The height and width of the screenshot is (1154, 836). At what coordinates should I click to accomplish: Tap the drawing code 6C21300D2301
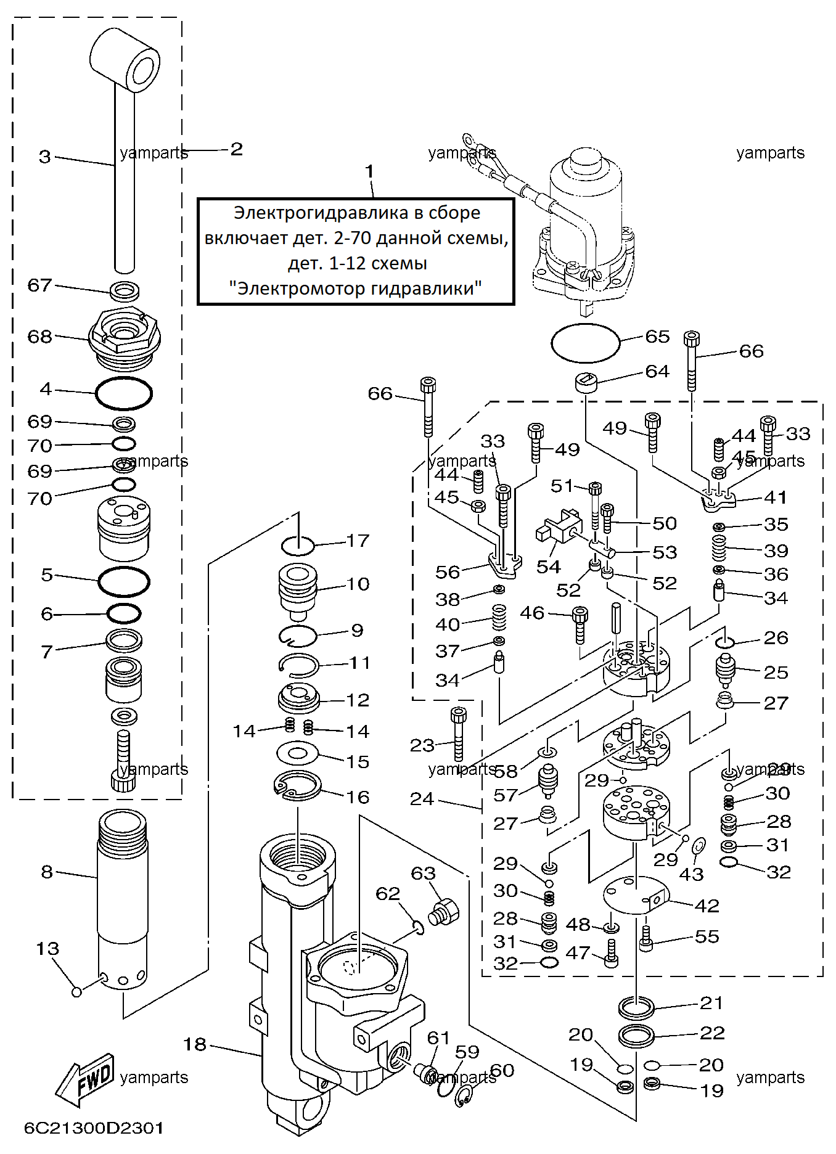pos(94,1128)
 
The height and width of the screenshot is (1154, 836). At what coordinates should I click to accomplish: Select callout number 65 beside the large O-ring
pos(657,337)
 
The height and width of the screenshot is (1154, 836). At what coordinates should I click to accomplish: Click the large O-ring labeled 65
pos(586,343)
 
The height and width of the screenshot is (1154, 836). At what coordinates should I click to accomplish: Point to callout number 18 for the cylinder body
pos(195,1044)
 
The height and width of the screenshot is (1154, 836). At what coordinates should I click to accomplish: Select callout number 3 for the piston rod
pos(45,157)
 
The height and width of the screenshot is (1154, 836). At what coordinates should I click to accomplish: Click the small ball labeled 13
pos(76,992)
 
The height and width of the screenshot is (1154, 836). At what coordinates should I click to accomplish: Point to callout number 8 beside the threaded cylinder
pos(47,872)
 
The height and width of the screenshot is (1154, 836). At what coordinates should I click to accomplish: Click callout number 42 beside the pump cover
pos(707,906)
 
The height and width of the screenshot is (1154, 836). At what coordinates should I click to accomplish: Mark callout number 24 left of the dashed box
pos(422,799)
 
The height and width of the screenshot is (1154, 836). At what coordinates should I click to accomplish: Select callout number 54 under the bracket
pos(549,567)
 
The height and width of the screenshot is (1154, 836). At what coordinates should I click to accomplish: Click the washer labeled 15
pos(298,752)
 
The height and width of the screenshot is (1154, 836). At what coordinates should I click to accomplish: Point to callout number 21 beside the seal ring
pos(711,1003)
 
